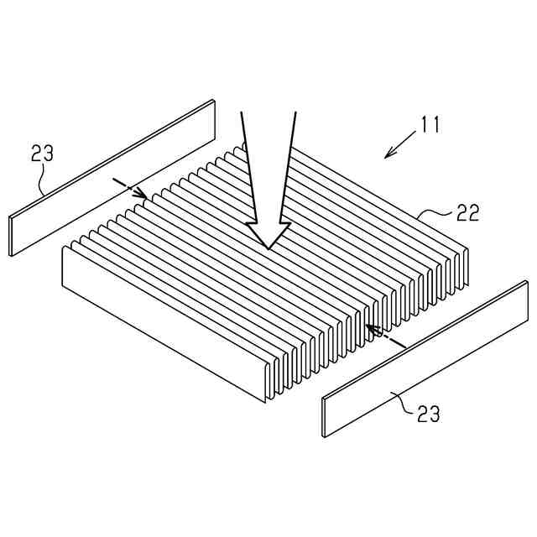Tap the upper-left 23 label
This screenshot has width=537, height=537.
43,154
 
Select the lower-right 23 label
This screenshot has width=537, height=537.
428,414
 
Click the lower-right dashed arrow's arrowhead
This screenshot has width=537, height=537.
368,326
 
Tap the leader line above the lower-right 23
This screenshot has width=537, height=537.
401,401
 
